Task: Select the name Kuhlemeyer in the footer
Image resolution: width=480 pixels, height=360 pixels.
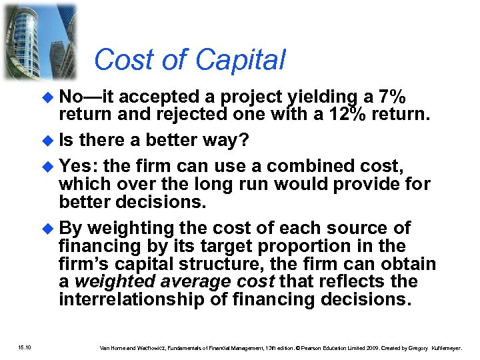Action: pos(449,347)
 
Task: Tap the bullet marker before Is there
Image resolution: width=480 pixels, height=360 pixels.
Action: pos(47,141)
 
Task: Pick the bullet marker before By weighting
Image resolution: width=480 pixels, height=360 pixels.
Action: pos(47,229)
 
